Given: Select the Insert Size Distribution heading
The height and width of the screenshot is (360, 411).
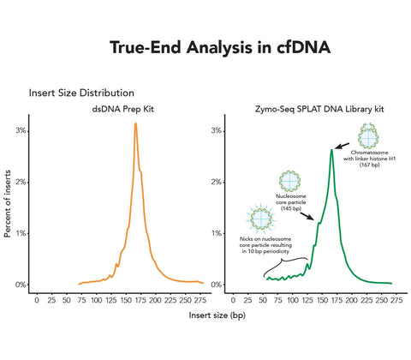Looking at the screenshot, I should pyautogui.click(x=80, y=93).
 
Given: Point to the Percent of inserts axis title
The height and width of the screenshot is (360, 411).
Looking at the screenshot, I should pyautogui.click(x=8, y=204).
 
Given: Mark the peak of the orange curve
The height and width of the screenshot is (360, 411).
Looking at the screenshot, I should pyautogui.click(x=135, y=123).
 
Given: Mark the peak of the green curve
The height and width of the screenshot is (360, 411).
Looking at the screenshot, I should pyautogui.click(x=331, y=150).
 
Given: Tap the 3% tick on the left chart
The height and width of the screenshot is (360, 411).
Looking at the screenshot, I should pyautogui.click(x=21, y=130).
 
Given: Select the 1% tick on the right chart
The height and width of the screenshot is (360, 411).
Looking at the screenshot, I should pyautogui.click(x=217, y=233).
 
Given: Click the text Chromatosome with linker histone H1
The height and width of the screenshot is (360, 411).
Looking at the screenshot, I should pyautogui.click(x=367, y=163).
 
